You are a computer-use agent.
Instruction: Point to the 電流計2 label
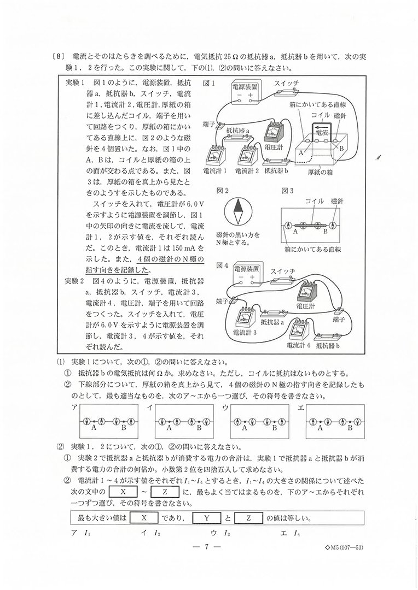(247, 170)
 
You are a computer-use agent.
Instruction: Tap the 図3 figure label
(288, 191)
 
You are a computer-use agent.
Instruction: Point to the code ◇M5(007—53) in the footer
(344, 547)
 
